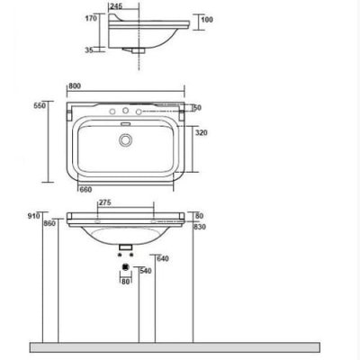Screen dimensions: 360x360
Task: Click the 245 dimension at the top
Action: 116,6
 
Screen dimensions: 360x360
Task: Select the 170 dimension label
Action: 91,18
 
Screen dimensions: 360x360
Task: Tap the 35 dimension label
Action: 89,50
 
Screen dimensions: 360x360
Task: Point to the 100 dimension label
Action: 207,20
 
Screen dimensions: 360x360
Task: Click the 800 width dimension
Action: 75,86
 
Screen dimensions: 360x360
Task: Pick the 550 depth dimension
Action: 40,105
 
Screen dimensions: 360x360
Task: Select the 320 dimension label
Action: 202,132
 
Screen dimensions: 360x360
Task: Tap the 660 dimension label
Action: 85,190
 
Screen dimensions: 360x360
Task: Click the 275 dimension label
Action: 105,202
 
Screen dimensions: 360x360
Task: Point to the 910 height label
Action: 33,216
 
